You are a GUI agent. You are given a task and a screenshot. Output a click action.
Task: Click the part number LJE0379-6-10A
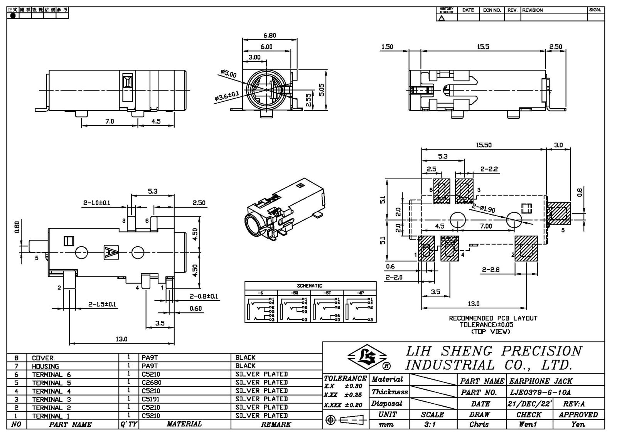pyautogui.click(x=540, y=392)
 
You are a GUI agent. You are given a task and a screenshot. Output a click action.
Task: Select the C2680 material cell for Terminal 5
pyautogui.click(x=152, y=383)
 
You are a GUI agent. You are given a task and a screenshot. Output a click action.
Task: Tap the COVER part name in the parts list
pyautogui.click(x=43, y=358)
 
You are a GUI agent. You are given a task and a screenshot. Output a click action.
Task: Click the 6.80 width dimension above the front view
pyautogui.click(x=270, y=35)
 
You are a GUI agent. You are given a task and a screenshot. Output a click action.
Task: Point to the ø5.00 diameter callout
pyautogui.click(x=229, y=73)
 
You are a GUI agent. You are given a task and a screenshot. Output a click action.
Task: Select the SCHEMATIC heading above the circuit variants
pyautogui.click(x=309, y=286)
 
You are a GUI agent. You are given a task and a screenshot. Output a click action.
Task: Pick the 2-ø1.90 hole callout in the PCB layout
pyautogui.click(x=484, y=208)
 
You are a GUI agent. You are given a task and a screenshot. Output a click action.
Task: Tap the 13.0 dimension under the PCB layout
pyautogui.click(x=474, y=304)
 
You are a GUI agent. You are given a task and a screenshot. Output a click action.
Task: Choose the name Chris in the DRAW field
pyautogui.click(x=479, y=424)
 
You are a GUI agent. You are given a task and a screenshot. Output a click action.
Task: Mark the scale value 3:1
pyautogui.click(x=432, y=424)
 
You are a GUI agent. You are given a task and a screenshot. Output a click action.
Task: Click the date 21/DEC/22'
pyautogui.click(x=529, y=404)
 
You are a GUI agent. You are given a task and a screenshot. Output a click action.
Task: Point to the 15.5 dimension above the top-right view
pyautogui.click(x=483, y=47)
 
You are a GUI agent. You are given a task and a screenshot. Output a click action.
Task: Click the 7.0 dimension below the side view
pyautogui.click(x=110, y=121)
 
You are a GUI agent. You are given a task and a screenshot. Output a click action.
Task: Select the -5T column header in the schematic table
pyautogui.click(x=327, y=293)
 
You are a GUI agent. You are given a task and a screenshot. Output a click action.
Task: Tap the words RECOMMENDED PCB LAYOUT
pyautogui.click(x=493, y=318)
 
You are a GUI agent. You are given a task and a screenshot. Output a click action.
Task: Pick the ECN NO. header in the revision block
pyautogui.click(x=492, y=10)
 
